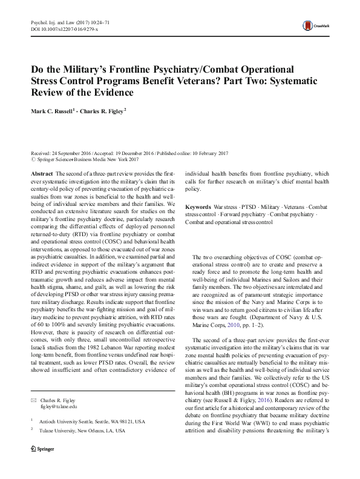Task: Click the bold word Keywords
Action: (x=198, y=207)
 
